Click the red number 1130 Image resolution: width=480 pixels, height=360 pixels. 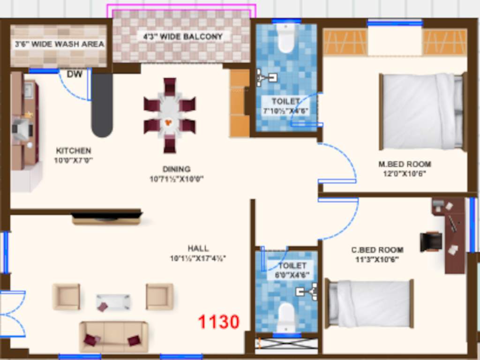point(218,322)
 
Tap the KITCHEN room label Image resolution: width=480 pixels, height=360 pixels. point(74,151)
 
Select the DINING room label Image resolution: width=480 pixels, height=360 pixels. point(177,169)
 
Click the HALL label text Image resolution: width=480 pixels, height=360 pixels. point(198,248)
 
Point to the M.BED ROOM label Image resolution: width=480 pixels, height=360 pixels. point(405,165)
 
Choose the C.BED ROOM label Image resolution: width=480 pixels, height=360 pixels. point(377,250)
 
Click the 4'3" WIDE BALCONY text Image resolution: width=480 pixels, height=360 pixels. point(183,37)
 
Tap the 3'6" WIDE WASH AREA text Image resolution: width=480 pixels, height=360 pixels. point(59,45)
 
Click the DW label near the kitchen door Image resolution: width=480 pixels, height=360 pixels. point(75,74)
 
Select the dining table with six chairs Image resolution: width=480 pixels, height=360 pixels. point(169,115)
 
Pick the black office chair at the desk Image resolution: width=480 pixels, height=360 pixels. point(431,241)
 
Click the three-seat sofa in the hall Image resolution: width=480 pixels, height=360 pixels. point(113,336)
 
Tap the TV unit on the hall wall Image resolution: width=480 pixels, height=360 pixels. point(107,218)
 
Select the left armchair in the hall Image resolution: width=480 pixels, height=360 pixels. point(66,296)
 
